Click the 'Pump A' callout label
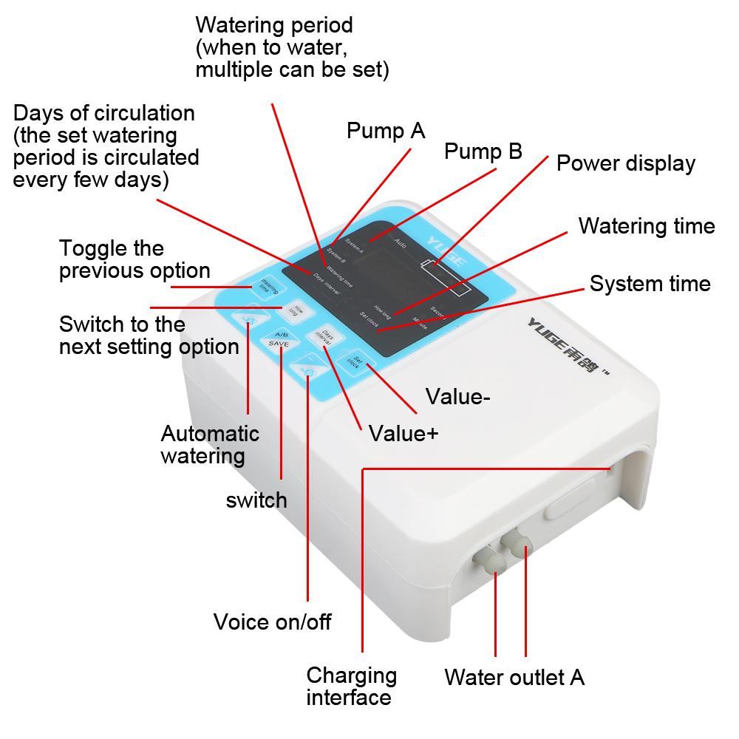coord(386,132)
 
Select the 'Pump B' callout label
coord(483,151)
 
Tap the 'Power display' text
coord(625,163)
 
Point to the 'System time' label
coord(650,284)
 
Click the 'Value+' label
coord(403,433)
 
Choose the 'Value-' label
coord(458,397)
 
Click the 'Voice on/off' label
coord(272,621)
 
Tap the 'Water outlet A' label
coord(514,677)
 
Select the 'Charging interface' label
coord(352,686)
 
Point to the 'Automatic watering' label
coord(210,444)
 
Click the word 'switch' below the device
coord(256,500)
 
